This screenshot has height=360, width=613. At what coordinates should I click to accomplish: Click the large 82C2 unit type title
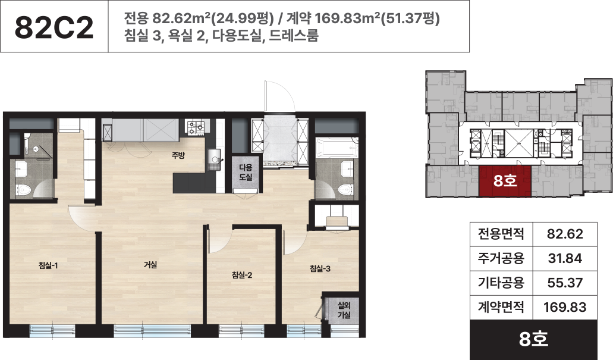click(x=54, y=27)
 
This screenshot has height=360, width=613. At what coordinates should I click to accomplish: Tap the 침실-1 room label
click(x=48, y=265)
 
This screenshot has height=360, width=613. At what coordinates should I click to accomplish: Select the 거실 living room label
click(x=150, y=265)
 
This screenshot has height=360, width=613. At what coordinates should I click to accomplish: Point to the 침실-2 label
click(x=241, y=275)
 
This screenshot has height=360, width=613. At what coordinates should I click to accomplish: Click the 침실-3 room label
click(x=320, y=268)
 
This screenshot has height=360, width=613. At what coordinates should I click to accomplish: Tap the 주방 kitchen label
click(x=178, y=155)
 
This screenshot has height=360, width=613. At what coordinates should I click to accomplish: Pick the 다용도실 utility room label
click(x=246, y=172)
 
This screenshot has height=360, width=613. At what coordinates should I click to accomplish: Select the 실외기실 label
click(x=344, y=310)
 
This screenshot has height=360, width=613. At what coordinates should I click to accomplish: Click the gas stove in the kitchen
click(x=196, y=127)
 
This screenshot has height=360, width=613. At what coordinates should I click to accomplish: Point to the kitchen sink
click(x=214, y=159)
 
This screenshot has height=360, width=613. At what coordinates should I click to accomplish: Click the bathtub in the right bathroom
click(x=337, y=148)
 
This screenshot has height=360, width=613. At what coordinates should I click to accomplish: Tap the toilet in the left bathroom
click(x=24, y=190)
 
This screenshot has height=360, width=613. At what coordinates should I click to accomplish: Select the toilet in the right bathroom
click(x=346, y=190)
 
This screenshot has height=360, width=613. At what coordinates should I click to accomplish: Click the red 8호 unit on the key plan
click(x=505, y=181)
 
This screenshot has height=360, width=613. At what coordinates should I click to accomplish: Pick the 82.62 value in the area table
click(x=565, y=234)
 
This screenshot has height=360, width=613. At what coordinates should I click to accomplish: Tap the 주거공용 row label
click(x=501, y=258)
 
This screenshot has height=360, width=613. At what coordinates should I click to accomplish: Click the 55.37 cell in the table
click(x=565, y=283)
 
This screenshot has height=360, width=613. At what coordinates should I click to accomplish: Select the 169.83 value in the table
click(x=565, y=307)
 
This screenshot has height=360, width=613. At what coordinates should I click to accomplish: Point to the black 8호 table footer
click(x=534, y=339)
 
